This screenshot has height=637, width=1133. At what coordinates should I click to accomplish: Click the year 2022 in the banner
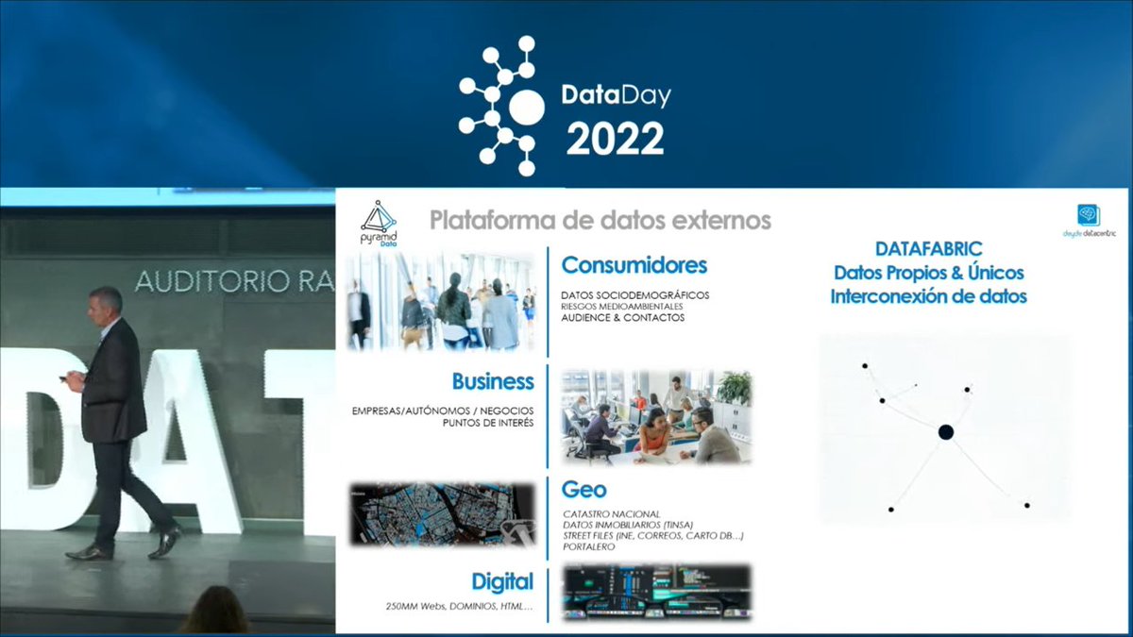coord(615,140)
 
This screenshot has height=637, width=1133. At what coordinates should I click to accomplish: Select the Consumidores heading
coord(634,265)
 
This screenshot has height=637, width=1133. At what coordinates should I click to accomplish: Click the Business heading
coord(492,381)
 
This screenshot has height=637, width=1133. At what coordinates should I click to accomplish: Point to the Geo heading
coord(583,490)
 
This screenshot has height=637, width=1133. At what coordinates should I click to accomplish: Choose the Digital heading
coord(502,581)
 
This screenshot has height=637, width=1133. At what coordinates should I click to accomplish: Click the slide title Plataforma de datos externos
coord(600,221)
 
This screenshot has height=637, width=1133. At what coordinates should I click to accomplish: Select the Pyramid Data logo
coord(379,223)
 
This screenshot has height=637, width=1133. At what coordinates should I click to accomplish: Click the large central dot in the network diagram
coord(945,432)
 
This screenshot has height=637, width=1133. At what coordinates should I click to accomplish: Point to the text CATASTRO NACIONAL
coord(610,514)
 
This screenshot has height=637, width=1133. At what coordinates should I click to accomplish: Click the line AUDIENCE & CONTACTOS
coord(622,318)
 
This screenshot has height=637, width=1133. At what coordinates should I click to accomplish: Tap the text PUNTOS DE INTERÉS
coord(487,423)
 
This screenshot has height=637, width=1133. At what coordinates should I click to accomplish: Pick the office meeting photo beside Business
coord(656,416)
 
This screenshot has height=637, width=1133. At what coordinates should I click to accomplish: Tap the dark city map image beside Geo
coord(442,514)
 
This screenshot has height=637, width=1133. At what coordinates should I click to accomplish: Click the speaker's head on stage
coord(106,303)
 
